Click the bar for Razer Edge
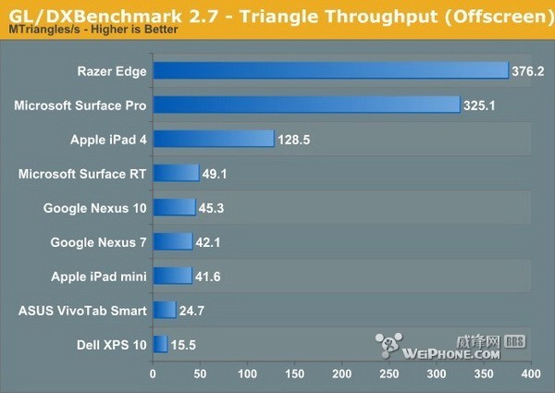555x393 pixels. pos(330,70)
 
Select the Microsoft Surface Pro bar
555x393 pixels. pos(306,104)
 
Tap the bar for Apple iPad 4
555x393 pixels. pos(213,139)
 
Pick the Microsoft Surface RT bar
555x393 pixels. pos(176,173)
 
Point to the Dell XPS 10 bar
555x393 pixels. pos(160,344)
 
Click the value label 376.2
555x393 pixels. pos(531,70)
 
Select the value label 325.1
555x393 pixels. pos(482,104)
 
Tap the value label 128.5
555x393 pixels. pos(296,139)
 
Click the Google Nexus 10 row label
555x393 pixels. pos(94,207)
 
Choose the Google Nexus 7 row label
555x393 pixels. pos(98,241)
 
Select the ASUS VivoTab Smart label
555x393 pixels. pos(81,310)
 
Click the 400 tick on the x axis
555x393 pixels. pos(530,375)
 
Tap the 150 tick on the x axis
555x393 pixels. pos(294,375)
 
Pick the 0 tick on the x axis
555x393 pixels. pos(153,375)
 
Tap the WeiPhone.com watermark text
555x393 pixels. pos(450,352)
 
